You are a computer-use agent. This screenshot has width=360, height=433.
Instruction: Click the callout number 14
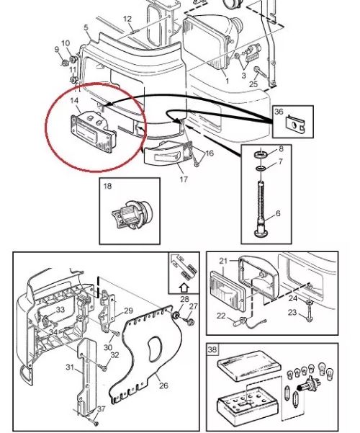click(74, 101)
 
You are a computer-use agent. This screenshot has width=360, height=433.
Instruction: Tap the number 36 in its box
click(279, 112)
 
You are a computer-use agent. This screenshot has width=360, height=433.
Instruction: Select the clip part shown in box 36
click(294, 123)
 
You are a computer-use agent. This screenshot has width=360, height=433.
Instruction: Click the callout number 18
click(107, 186)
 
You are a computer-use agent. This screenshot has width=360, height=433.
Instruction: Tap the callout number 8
click(281, 149)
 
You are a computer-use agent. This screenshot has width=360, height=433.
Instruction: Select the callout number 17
click(184, 179)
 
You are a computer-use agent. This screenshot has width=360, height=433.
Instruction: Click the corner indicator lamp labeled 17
click(168, 153)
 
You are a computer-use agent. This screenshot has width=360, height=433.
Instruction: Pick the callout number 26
click(163, 385)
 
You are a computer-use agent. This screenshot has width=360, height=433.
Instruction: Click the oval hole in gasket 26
click(154, 349)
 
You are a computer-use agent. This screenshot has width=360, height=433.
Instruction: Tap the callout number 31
click(70, 367)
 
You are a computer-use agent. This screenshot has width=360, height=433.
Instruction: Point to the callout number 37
click(102, 409)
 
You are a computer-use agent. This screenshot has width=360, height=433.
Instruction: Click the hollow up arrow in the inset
click(184, 288)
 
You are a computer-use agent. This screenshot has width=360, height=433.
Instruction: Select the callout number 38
click(212, 349)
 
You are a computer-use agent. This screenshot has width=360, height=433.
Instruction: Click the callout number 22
click(221, 316)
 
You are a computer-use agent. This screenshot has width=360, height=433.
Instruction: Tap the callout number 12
click(127, 19)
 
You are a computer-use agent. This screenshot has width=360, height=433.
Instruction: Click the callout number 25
click(253, 84)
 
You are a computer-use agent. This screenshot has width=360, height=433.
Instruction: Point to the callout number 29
click(128, 311)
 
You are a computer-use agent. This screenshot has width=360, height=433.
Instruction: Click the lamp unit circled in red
click(94, 133)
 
